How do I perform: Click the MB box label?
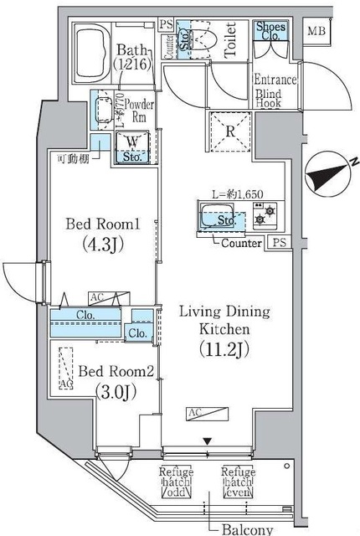316,32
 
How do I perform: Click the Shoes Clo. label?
271,32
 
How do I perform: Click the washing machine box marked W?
133,147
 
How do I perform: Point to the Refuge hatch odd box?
177,482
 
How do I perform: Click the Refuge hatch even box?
239,482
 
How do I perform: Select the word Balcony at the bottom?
249,529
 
